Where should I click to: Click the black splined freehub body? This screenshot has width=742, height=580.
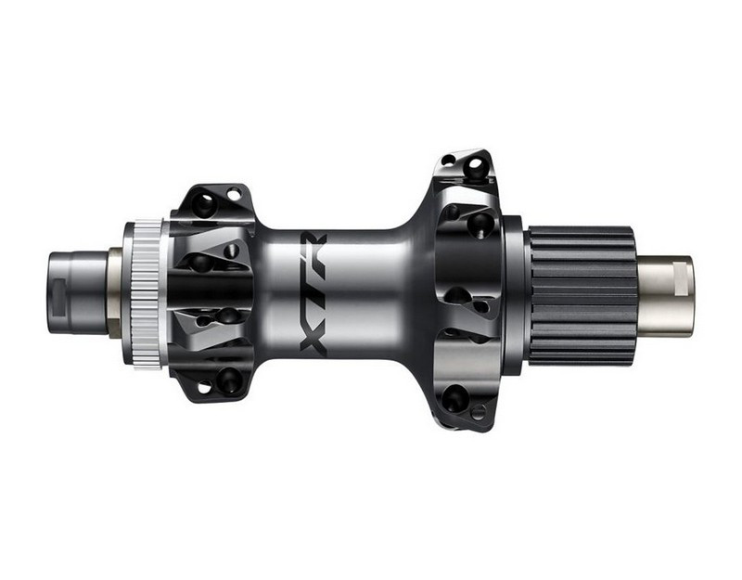point(582,295)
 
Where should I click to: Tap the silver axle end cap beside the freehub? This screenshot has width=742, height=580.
point(665,295)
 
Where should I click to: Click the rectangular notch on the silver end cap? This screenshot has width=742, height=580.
point(682,280)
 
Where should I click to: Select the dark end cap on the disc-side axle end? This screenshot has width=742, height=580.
point(77,293)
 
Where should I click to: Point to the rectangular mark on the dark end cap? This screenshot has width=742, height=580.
point(59,297)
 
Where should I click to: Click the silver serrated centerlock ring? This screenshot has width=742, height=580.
point(147,294)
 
